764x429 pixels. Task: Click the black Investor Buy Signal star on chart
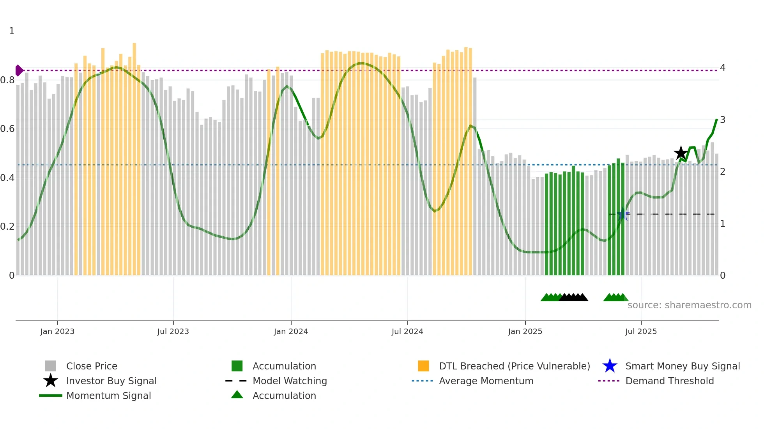(681, 153)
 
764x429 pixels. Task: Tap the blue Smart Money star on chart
(623, 214)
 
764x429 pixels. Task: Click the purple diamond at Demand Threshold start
(19, 70)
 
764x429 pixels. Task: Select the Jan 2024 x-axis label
(291, 331)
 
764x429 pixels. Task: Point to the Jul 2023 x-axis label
(173, 331)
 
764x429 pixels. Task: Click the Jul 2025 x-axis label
(641, 331)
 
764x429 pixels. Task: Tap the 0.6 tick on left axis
(7, 129)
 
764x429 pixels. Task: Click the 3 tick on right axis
(722, 120)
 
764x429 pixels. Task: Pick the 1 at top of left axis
(12, 31)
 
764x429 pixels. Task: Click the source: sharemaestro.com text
(689, 305)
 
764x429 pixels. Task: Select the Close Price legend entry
(92, 366)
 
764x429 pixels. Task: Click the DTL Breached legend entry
(514, 366)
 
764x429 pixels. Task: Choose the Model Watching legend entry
(289, 381)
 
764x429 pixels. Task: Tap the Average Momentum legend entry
(486, 381)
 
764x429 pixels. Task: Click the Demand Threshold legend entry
(669, 381)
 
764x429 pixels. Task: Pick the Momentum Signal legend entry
(108, 396)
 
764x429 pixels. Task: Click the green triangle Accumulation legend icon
(237, 395)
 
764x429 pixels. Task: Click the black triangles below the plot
(573, 298)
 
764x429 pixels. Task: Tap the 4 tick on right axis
(722, 68)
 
